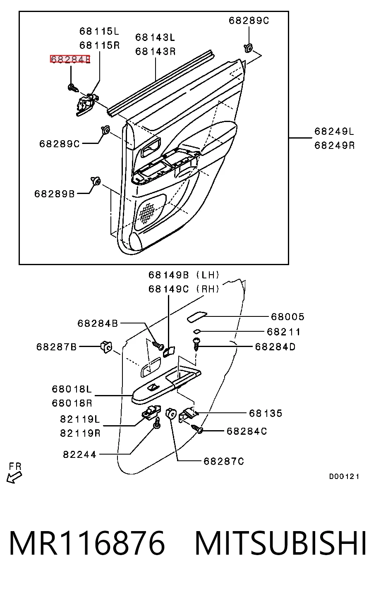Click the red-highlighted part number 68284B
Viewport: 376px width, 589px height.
point(70,59)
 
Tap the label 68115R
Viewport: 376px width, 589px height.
point(100,45)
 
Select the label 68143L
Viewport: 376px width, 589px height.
point(155,37)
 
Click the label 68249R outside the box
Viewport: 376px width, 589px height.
point(335,145)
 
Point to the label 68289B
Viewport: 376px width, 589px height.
point(55,194)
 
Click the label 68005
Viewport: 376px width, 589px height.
point(287,316)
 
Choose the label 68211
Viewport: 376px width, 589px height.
point(283,332)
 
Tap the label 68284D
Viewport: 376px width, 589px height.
point(275,347)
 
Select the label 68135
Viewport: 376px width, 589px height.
point(266,413)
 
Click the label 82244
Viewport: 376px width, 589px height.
point(80,455)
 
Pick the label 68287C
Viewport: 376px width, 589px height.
point(224,461)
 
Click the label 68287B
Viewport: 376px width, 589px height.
point(57,347)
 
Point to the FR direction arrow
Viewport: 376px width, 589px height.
point(14,477)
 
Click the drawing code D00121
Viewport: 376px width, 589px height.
point(344,476)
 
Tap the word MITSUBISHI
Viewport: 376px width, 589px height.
point(281,543)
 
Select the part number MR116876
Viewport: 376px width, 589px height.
point(87,543)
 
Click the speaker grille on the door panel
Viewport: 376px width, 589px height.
point(148,212)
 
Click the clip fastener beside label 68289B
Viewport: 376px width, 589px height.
point(96,180)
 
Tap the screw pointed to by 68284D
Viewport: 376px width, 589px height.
point(196,345)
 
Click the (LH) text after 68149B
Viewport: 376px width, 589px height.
point(208,275)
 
